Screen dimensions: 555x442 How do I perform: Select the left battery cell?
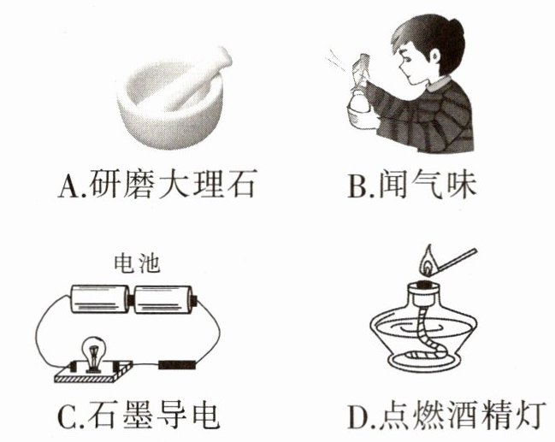(100, 299)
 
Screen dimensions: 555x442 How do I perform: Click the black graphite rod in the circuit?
(177, 364)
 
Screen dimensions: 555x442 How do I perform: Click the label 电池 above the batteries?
(137, 263)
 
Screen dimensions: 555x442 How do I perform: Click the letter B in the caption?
(358, 186)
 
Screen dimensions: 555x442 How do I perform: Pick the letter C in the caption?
(68, 415)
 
